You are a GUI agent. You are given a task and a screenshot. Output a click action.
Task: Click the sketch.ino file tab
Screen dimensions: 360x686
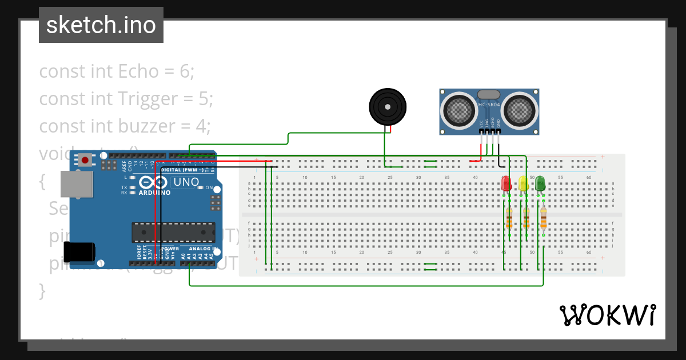click(x=101, y=25)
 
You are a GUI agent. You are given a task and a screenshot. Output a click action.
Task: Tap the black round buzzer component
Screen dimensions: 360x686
click(x=388, y=106)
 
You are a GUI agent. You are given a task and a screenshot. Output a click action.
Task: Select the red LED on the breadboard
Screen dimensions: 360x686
click(x=506, y=183)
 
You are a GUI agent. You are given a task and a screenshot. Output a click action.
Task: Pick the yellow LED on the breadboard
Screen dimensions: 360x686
click(x=523, y=183)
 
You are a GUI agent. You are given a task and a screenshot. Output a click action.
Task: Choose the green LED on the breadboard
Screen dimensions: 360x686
click(x=540, y=183)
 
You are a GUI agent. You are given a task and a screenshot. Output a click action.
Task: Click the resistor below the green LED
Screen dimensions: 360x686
click(x=543, y=218)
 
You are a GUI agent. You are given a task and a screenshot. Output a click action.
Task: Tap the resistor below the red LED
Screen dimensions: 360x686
click(x=509, y=218)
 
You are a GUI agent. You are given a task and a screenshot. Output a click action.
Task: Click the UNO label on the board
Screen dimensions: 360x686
click(x=186, y=182)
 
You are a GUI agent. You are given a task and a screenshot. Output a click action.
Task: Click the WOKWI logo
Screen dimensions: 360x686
click(x=607, y=315)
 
